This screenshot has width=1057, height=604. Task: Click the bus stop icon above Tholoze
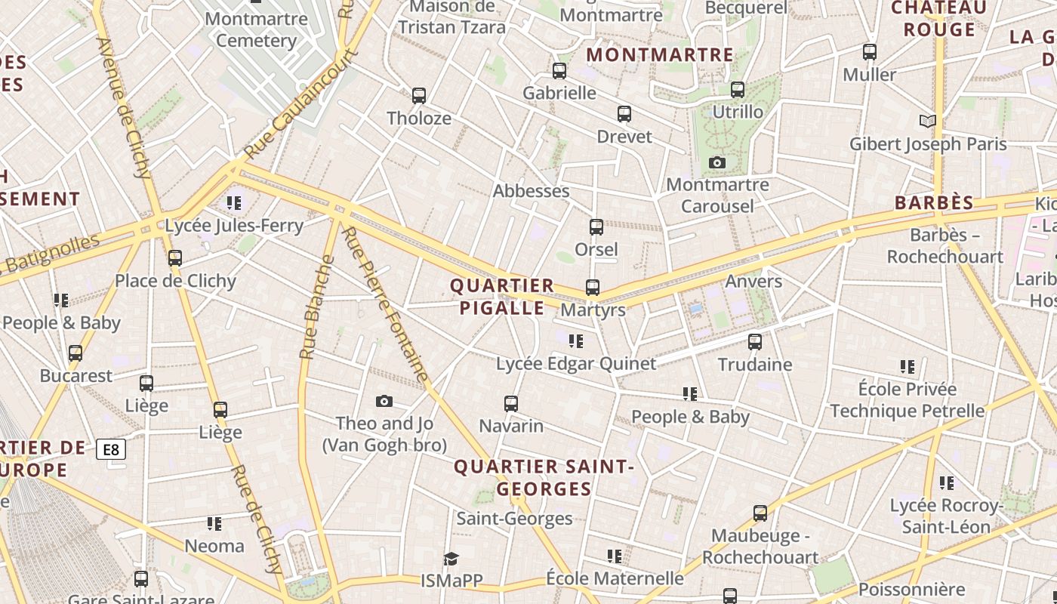tap(419, 96)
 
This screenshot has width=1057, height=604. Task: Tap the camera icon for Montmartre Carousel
tap(717, 162)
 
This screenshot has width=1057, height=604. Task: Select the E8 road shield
tap(111, 450)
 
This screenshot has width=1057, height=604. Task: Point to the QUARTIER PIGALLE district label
tap(502, 297)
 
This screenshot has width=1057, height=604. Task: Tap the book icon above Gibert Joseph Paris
tap(928, 121)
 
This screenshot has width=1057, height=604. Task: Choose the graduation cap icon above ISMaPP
tap(451, 559)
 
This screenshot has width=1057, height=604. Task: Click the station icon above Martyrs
tap(593, 288)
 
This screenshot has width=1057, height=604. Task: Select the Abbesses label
tap(531, 191)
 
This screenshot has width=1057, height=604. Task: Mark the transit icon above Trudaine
tap(754, 342)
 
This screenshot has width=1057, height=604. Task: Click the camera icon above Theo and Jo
tap(384, 401)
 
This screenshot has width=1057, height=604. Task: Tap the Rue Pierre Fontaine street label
tap(385, 304)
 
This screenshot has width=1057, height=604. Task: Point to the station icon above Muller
tap(870, 52)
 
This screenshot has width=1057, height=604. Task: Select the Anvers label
tap(753, 282)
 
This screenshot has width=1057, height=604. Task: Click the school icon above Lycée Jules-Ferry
tap(234, 203)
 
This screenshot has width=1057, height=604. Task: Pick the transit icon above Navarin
tap(511, 404)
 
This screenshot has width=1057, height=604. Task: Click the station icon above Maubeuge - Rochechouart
tap(760, 513)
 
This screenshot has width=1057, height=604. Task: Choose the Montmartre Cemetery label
tap(256, 29)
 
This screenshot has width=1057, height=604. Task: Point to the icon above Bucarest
tap(75, 353)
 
